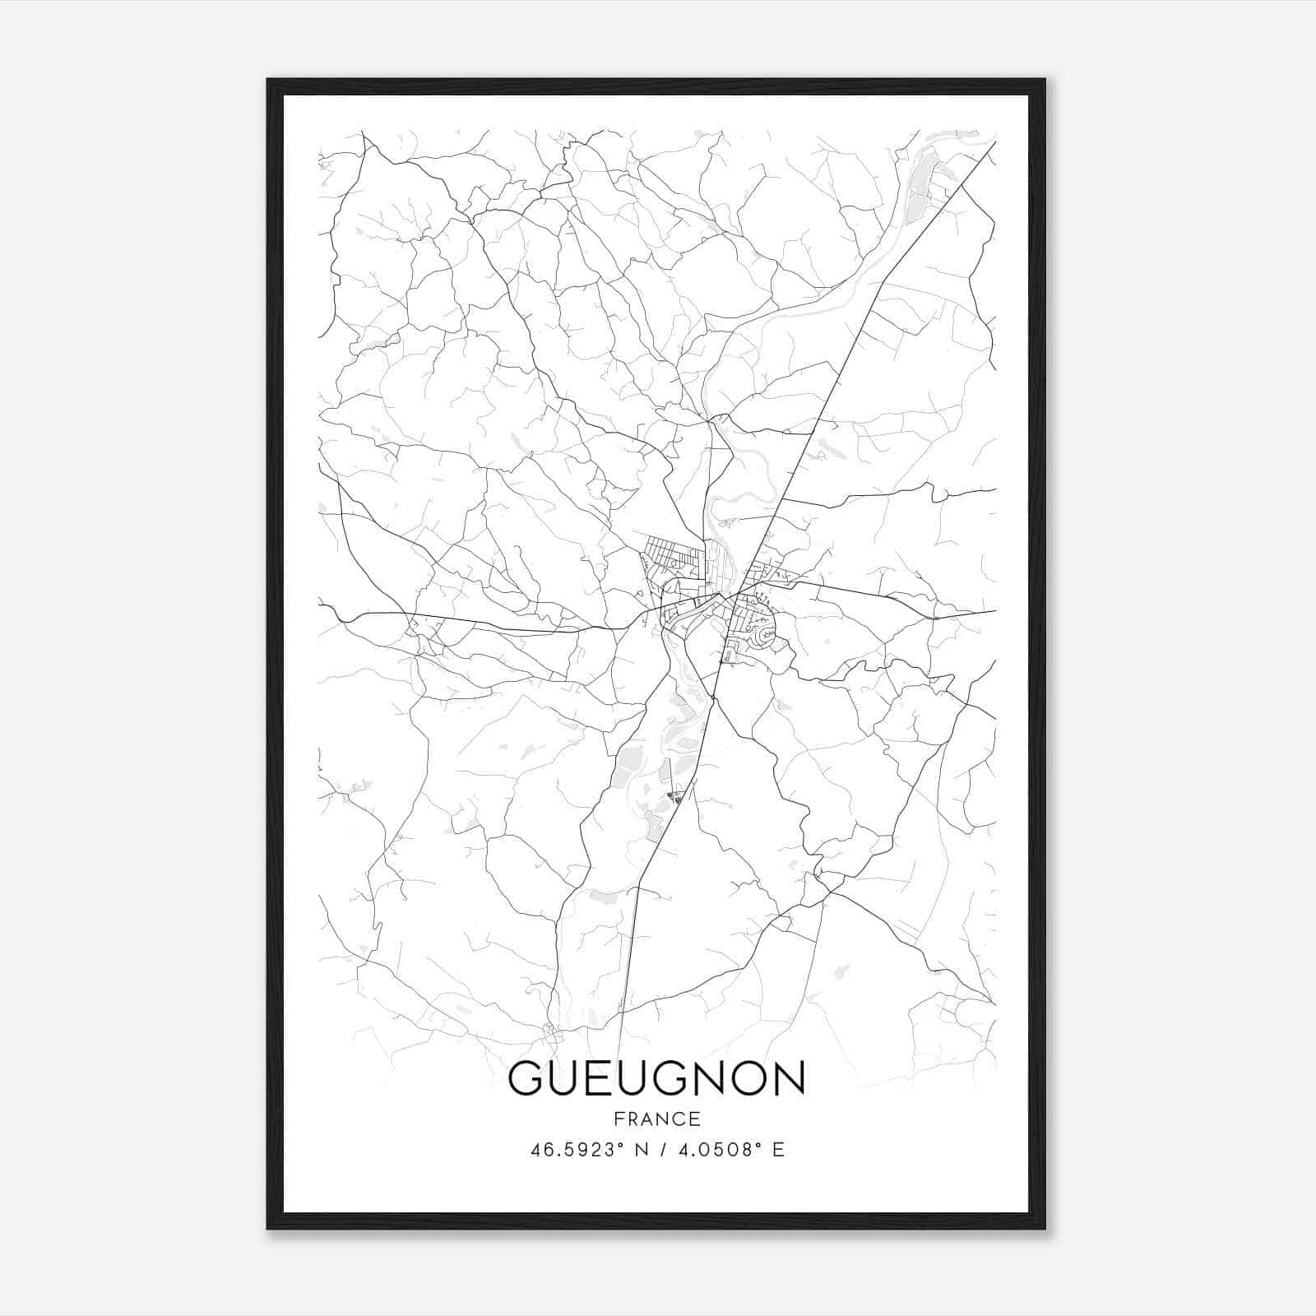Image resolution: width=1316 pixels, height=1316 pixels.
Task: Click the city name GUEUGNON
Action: click(x=657, y=1078)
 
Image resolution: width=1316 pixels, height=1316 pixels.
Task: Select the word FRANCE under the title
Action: click(x=657, y=1119)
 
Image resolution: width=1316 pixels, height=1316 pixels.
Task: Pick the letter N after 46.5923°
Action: click(x=642, y=1150)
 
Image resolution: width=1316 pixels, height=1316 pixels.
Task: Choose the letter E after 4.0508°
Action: click(x=778, y=1150)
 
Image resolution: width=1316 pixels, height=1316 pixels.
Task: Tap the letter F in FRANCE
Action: click(x=619, y=1119)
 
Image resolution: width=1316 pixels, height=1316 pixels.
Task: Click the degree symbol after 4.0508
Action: click(x=761, y=1145)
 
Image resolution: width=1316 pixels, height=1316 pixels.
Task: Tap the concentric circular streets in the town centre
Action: click(x=766, y=635)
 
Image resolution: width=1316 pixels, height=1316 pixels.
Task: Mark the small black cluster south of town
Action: click(x=677, y=795)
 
